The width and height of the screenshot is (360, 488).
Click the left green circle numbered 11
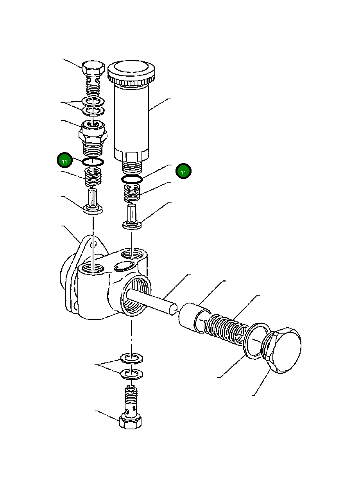pyautogui.click(x=65, y=161)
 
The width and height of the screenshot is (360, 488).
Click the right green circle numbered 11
pyautogui.click(x=183, y=171)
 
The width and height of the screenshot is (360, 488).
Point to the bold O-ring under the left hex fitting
pyautogui.click(x=93, y=161)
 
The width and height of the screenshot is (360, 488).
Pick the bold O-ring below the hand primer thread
pyautogui.click(x=132, y=179)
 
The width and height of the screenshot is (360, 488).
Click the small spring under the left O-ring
pyautogui.click(x=93, y=177)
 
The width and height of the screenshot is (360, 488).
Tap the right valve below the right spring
pyautogui.click(x=132, y=217)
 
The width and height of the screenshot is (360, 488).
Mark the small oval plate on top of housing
pyautogui.click(x=122, y=266)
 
